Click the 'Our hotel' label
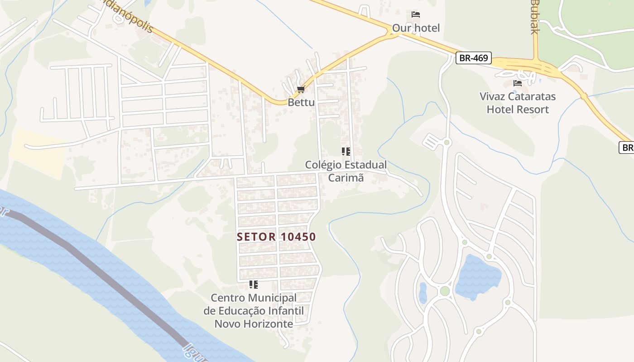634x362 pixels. pos(416,28)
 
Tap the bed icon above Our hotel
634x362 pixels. pos(416,14)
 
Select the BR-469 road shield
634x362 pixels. pos(473,58)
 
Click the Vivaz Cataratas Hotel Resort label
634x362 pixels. pos(518,103)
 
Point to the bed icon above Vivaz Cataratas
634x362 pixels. pos(518,83)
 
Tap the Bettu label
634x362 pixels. pos(301,102)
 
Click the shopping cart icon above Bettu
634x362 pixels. pos(301,90)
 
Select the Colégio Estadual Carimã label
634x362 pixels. pos(346,171)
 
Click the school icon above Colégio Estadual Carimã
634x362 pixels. pos(346,151)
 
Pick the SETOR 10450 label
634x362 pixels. pos(276,237)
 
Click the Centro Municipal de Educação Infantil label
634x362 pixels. pos(254,311)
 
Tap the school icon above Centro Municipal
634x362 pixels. pos(254,285)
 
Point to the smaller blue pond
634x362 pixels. pos(423,293)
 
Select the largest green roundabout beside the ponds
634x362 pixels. pos(445,291)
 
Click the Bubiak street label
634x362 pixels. pos(535,17)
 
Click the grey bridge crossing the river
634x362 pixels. pos(100,271)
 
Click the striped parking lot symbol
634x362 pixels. pos(432,143)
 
